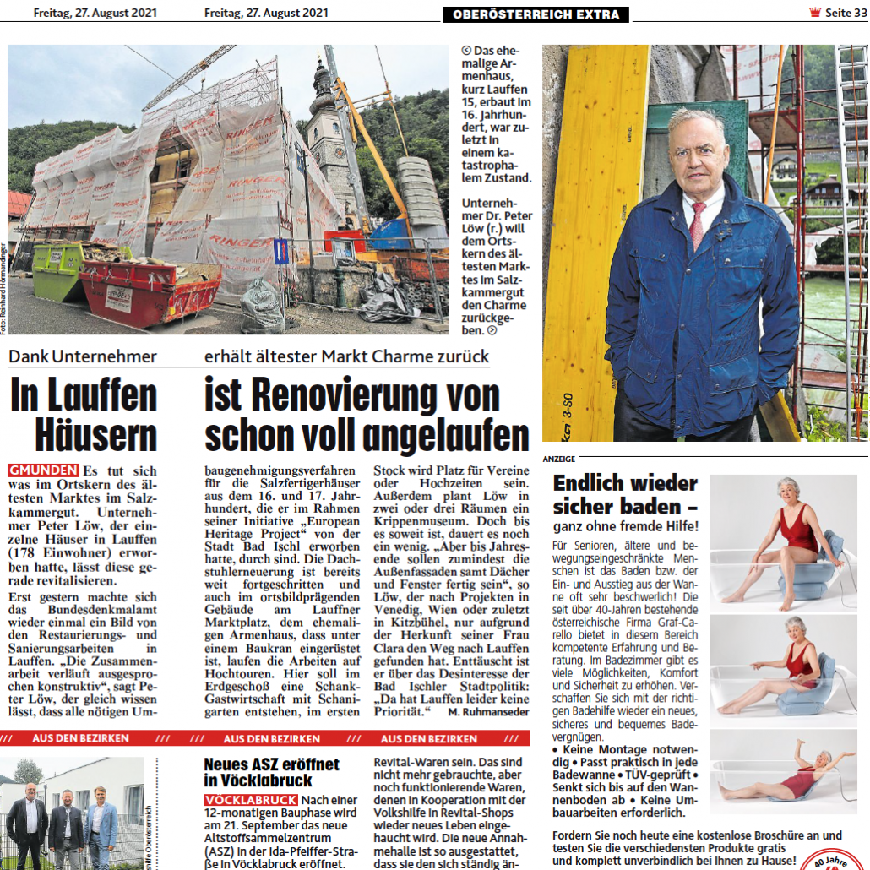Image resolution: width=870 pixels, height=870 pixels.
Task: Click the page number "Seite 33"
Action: [846, 14]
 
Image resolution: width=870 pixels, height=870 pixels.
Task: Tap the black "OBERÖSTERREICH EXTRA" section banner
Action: [536, 14]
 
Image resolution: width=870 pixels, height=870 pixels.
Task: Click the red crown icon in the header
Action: [814, 13]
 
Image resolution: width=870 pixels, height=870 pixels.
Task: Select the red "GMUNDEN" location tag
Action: [43, 470]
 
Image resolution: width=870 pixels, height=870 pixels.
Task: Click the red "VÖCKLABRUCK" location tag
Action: [250, 800]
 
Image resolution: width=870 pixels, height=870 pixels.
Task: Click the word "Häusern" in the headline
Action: [96, 436]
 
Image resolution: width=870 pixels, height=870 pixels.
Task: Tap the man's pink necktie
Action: [699, 225]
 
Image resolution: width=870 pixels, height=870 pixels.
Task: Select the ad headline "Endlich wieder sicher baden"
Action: [625, 494]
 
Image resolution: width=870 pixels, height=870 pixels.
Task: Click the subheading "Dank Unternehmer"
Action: [82, 356]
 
